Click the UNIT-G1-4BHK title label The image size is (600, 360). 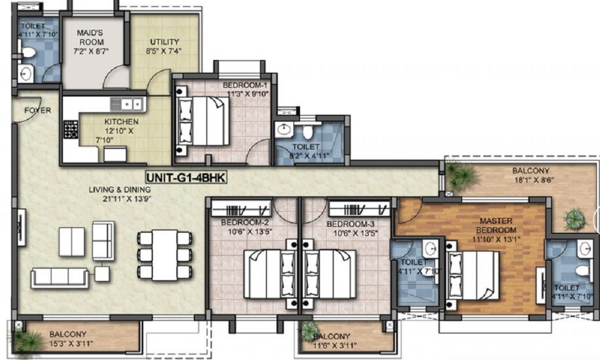[x=187, y=178]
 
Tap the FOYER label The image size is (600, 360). [x=37, y=110]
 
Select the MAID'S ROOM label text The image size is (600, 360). [x=90, y=37]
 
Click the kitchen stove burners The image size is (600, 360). [x=71, y=130]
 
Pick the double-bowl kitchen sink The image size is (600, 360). [x=127, y=104]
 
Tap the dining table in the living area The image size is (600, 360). [x=164, y=255]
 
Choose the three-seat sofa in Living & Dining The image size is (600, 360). [x=59, y=277]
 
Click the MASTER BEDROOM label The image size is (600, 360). [x=496, y=226]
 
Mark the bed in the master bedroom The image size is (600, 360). [x=473, y=275]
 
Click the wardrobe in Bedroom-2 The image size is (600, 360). [x=241, y=209]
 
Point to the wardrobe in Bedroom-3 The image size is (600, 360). [x=359, y=209]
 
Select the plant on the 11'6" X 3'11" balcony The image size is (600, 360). [x=310, y=330]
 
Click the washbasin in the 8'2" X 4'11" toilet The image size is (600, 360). [x=284, y=130]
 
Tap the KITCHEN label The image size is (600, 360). [x=121, y=122]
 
